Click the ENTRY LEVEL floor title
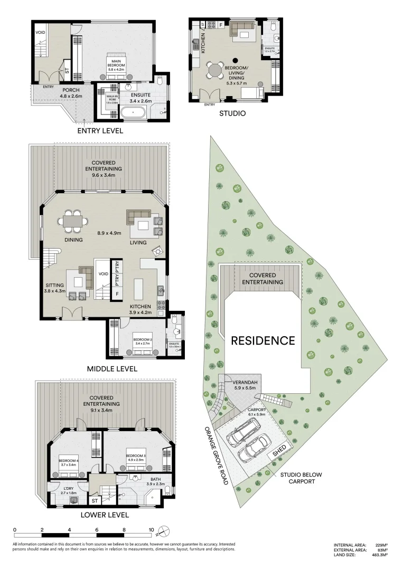point(100,130)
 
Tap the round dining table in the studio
point(215,70)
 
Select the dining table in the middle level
point(73,222)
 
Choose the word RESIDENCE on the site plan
point(263,340)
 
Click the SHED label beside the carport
point(279,450)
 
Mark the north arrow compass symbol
point(165,531)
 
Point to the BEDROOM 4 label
point(69,462)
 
